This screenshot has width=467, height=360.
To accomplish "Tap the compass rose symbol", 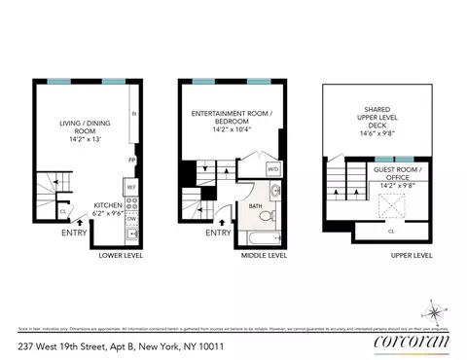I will tap(433, 313).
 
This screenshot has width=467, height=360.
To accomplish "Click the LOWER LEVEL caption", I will tap(123, 256).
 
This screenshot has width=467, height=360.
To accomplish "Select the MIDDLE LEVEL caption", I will tap(263, 256).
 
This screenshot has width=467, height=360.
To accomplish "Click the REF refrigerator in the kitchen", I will tap(130, 186).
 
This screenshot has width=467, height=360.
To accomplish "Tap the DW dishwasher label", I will tap(130, 219).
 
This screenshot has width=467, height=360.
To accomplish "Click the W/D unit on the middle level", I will tap(273, 168).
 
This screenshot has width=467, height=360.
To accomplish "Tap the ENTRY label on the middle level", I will tap(219, 233).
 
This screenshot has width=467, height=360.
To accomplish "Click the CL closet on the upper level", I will tap(391, 232).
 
